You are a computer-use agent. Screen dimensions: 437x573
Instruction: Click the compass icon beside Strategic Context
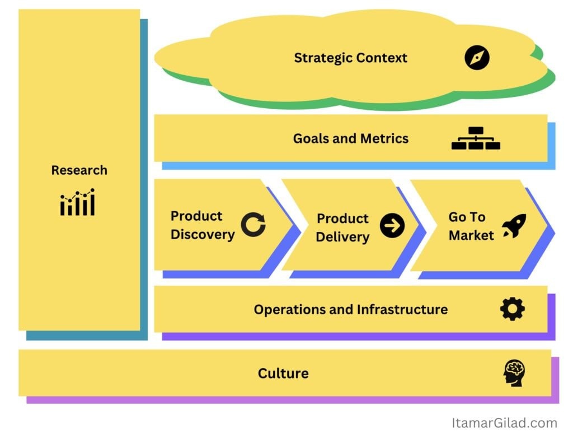(477, 58)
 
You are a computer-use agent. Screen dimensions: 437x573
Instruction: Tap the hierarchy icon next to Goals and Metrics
(476, 138)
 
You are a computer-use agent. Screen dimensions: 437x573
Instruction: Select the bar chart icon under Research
(78, 202)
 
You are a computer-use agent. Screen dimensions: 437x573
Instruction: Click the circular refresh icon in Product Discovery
(253, 225)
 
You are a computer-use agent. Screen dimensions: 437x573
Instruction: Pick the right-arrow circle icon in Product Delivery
(392, 226)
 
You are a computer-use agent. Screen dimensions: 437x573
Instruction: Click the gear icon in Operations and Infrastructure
(513, 309)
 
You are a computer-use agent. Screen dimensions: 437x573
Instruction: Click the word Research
(79, 170)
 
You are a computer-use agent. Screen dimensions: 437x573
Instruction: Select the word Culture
(283, 373)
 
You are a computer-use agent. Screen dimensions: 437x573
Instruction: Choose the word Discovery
(203, 234)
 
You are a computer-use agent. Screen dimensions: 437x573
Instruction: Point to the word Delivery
(342, 237)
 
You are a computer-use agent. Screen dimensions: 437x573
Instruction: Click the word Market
(471, 235)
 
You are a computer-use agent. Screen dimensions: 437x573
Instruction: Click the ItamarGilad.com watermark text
(504, 423)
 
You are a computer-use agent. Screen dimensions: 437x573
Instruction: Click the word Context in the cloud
(382, 58)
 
